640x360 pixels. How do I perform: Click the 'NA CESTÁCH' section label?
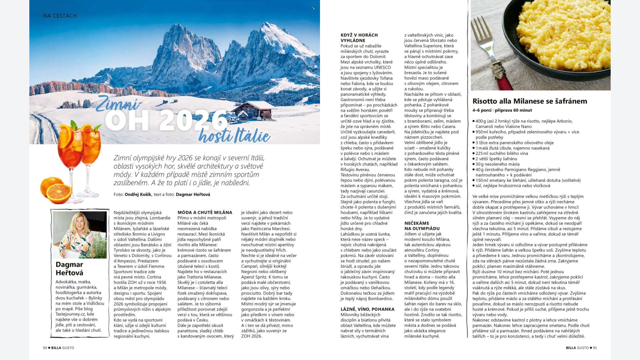[x=60, y=16]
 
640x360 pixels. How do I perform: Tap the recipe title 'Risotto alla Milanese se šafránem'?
[x=530, y=101]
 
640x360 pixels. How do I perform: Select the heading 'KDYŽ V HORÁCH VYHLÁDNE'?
[x=359, y=38]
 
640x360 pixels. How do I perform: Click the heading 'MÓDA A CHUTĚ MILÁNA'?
[x=205, y=212]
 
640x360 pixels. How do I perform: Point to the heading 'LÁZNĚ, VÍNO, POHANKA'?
[x=367, y=309]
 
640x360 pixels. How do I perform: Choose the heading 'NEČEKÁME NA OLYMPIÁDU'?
[x=422, y=226]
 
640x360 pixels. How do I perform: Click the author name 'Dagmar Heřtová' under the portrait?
[x=69, y=268]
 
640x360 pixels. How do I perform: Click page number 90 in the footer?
[x=45, y=348]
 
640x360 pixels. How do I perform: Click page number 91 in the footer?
[x=595, y=348]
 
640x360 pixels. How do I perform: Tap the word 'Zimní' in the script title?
[x=117, y=104]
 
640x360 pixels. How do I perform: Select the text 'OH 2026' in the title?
[x=166, y=121]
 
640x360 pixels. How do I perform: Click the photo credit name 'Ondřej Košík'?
[x=138, y=194]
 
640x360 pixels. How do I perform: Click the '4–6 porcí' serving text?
[x=482, y=110]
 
